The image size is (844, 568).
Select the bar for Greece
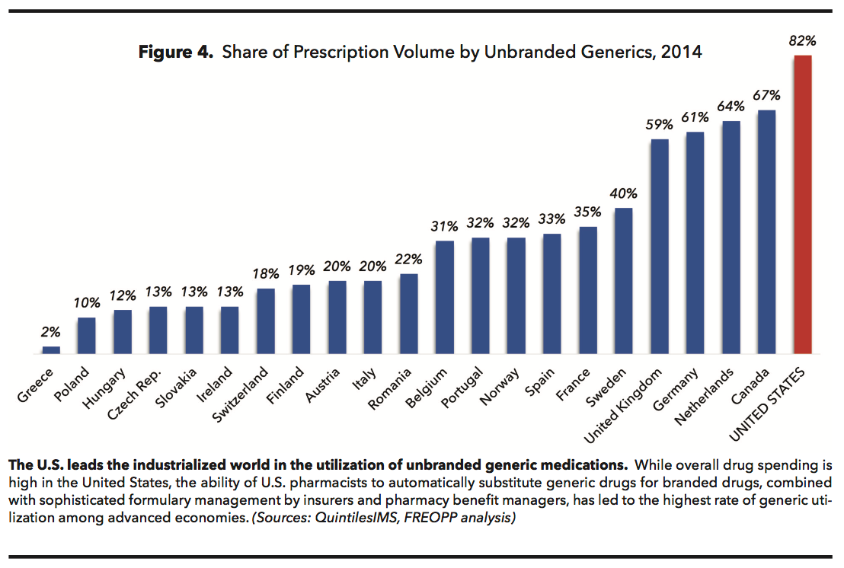point(51,350)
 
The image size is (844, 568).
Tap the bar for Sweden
point(623,281)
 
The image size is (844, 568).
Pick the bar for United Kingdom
point(659,247)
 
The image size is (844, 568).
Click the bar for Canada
point(766,232)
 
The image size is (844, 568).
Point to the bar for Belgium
point(444,298)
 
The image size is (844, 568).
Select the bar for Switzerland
point(265,321)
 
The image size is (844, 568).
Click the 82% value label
point(802,41)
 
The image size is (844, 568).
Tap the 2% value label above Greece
point(51,333)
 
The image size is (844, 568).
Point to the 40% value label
point(623,194)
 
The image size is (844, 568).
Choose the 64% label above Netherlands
point(731,107)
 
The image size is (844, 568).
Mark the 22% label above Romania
point(408,260)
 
